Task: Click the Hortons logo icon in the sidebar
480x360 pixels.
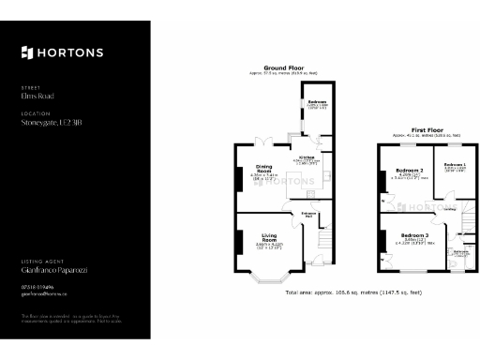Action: [x=26, y=52]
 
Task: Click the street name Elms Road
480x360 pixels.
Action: [x=35, y=95]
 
